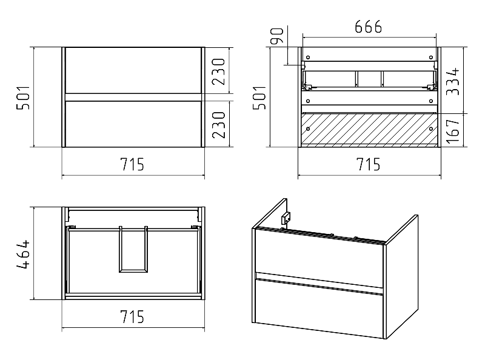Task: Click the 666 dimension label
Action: point(368,27)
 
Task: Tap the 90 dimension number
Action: point(277,36)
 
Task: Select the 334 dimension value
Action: point(453,81)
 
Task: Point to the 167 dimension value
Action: point(453,131)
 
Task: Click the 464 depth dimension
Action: point(23,253)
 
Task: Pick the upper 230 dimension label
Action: point(218,72)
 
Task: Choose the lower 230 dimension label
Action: point(218,125)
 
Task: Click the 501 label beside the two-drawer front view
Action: point(23,98)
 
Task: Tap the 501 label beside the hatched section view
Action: point(259,98)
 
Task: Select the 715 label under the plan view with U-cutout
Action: point(132,316)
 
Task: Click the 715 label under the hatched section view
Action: point(369,164)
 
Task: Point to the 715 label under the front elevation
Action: point(132,164)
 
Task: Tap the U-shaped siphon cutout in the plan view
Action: point(119,250)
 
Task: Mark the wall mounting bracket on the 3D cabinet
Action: point(286,218)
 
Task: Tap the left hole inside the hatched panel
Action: point(308,128)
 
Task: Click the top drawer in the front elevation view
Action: point(133,70)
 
